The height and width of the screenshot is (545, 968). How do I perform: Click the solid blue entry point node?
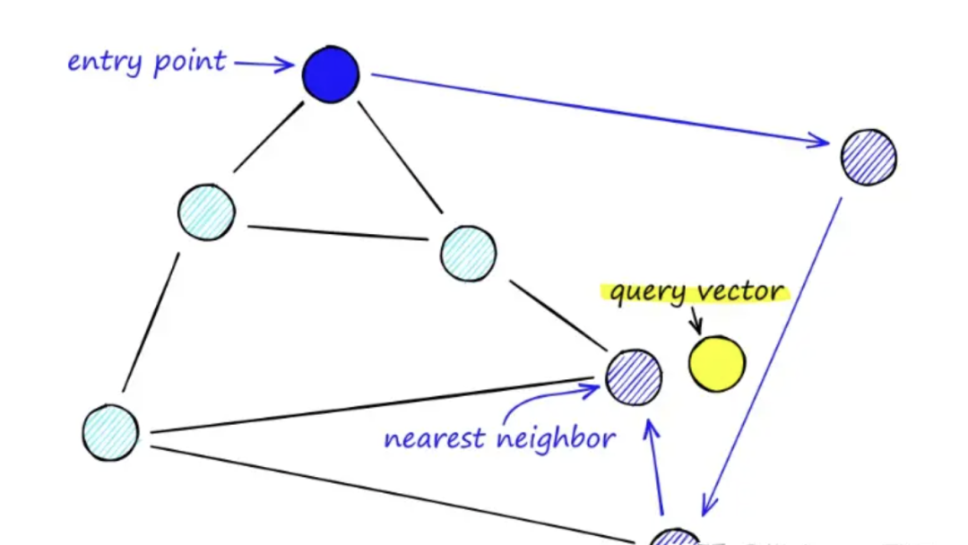pos(331,74)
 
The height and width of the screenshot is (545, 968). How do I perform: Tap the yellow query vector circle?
pos(716,364)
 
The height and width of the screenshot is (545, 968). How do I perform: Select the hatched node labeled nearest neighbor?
pos(634,376)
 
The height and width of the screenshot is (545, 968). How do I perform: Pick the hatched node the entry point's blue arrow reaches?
pos(868,157)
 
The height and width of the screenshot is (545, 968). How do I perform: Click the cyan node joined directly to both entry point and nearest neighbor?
pos(468,254)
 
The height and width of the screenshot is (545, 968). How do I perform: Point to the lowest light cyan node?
pos(110,431)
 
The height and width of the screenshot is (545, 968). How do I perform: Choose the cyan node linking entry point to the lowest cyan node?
pos(206,212)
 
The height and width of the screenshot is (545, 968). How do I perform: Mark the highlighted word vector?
pos(741,291)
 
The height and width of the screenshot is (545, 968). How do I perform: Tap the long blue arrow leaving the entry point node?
pos(601,108)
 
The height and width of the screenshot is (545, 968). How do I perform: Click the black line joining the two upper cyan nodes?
pos(337,233)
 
